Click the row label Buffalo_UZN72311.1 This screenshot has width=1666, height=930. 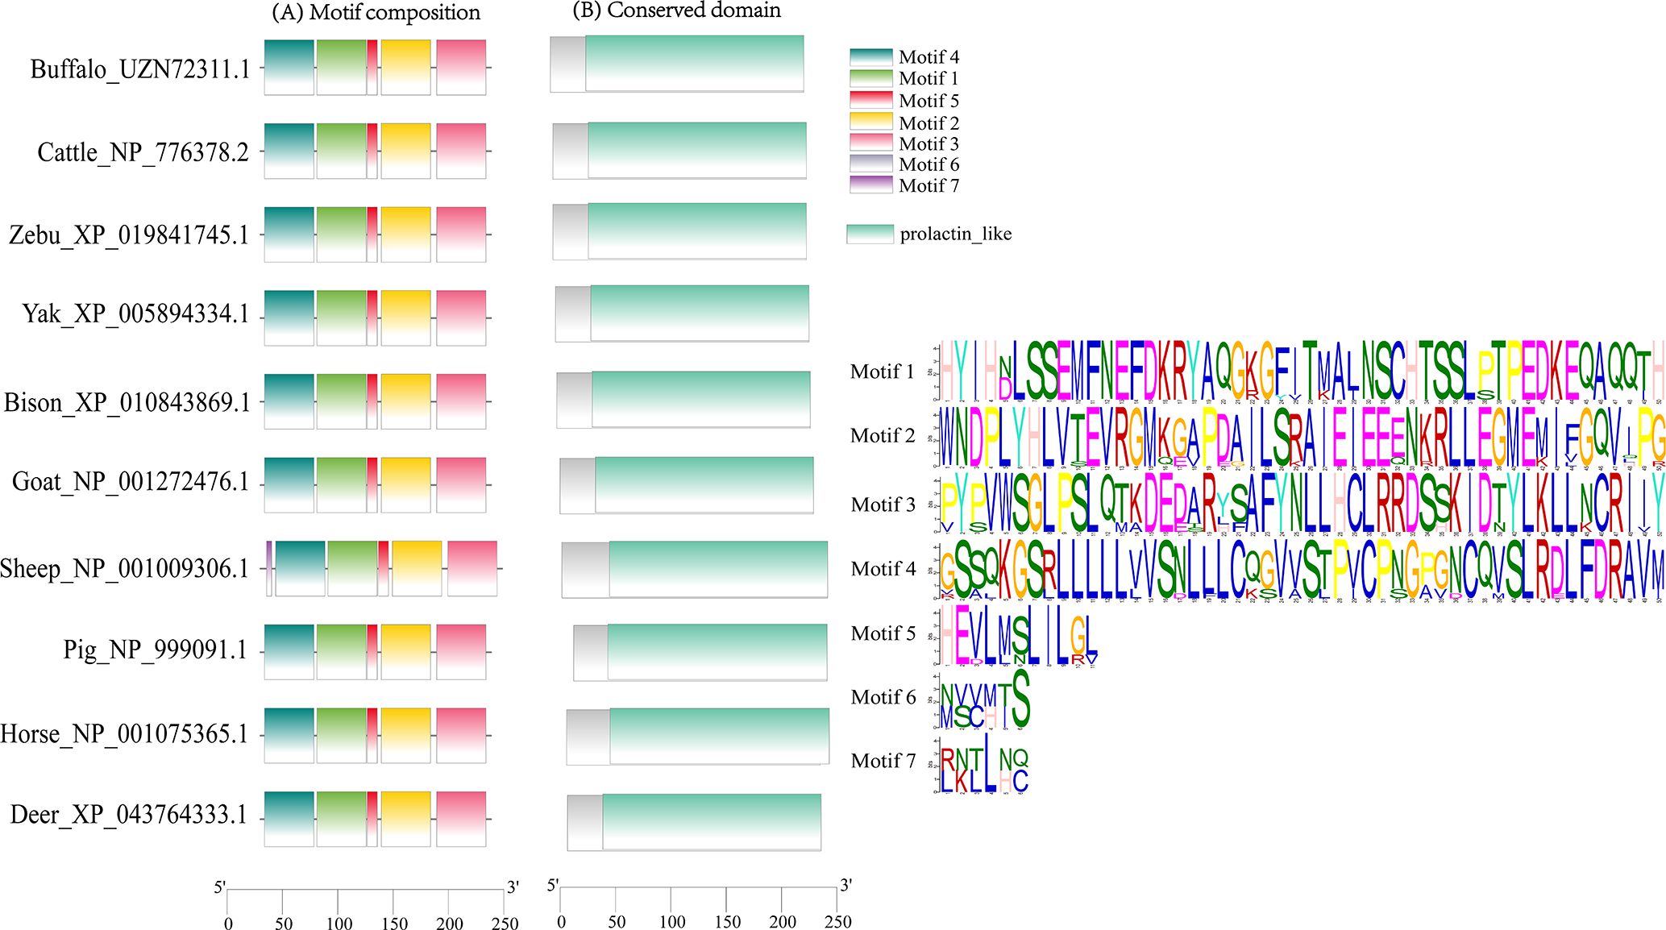tap(139, 69)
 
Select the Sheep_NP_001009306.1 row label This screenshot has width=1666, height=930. tap(125, 569)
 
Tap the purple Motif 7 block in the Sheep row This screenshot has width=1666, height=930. tap(269, 568)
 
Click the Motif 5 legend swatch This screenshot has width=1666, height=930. tap(871, 101)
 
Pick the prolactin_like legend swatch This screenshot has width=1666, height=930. tap(870, 234)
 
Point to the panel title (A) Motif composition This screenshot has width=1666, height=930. tap(376, 13)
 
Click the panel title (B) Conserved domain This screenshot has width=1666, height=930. tap(676, 10)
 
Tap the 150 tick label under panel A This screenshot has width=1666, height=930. tap(394, 924)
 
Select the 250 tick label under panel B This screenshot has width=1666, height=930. tap(838, 922)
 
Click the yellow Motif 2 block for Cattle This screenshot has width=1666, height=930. tap(405, 151)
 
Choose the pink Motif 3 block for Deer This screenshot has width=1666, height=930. tap(461, 819)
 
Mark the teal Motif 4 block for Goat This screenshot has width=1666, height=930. tap(289, 484)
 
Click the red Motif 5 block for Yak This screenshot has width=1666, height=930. tap(372, 318)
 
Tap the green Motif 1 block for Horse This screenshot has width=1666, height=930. tap(342, 735)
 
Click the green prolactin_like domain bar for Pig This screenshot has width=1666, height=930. tap(717, 652)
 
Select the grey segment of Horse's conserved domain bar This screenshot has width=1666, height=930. tap(588, 737)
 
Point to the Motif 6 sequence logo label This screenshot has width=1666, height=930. tap(883, 697)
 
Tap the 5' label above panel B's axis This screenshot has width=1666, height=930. tap(552, 886)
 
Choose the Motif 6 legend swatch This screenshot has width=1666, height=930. tap(871, 164)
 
